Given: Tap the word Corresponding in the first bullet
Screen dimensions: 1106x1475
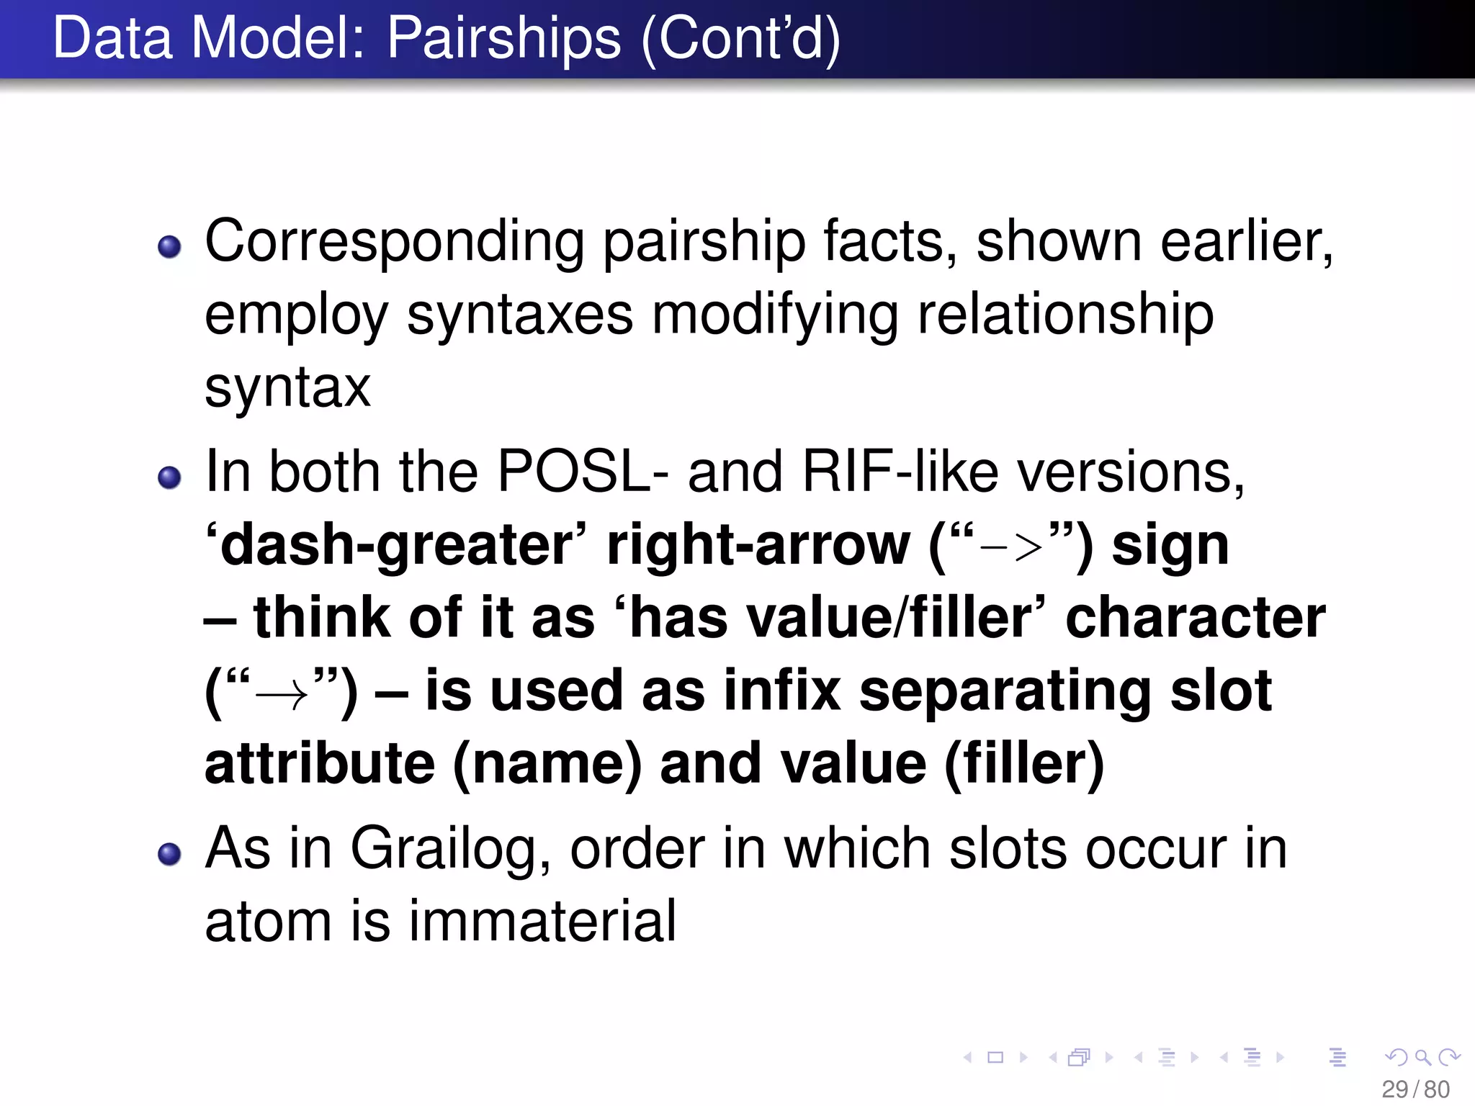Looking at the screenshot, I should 394,242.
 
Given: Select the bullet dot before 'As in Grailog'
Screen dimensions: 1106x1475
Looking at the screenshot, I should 169,854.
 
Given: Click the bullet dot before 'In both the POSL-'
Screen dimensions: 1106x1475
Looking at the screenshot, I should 169,477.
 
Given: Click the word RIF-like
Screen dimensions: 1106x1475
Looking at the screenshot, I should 900,472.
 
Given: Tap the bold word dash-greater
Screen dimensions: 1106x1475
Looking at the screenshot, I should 395,546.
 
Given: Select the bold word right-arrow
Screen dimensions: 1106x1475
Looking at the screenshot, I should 758,546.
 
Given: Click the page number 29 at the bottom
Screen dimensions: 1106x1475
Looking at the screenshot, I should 1394,1089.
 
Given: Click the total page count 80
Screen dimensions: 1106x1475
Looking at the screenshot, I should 1437,1089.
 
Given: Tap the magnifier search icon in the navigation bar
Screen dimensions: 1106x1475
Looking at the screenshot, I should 1422,1057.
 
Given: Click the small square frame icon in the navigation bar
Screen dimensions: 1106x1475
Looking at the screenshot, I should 995,1057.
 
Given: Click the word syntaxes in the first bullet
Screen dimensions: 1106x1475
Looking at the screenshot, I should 519,315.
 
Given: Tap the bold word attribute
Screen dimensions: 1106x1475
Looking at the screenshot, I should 320,765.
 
